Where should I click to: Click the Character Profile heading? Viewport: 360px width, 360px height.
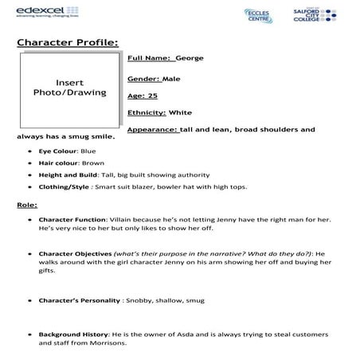(68, 41)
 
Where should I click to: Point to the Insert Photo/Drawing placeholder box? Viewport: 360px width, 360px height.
(69, 88)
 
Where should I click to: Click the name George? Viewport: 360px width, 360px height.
(190, 59)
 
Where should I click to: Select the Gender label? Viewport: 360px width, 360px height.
(143, 79)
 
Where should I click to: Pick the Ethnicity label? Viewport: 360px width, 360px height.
(146, 112)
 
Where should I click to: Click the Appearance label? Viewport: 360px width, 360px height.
(152, 128)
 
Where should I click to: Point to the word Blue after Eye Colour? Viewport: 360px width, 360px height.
(89, 151)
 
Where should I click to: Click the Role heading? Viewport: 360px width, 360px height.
(26, 205)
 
